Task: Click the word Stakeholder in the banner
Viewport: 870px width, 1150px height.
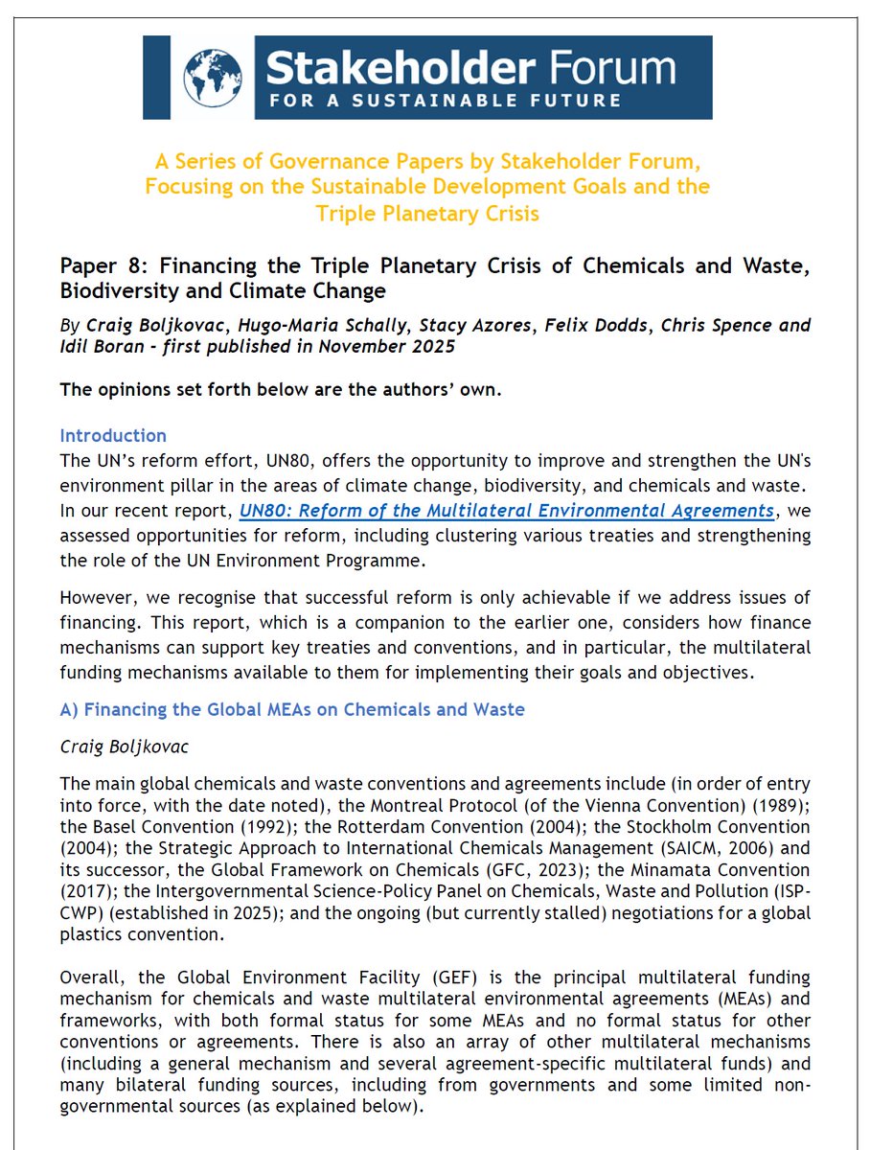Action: coord(393,66)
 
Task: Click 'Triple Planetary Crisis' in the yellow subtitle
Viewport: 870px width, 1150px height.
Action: coord(427,213)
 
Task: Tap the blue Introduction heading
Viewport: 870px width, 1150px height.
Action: coord(112,436)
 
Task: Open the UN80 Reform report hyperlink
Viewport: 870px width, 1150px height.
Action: coord(506,510)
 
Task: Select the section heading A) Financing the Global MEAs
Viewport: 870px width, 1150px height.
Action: coord(292,710)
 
